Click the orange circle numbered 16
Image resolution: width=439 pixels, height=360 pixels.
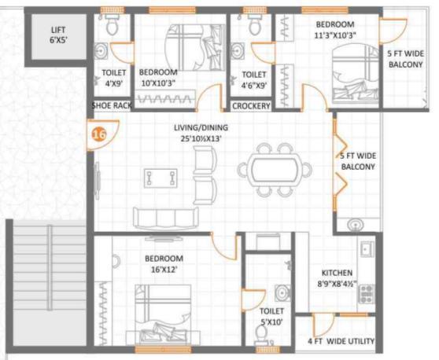tap(99, 134)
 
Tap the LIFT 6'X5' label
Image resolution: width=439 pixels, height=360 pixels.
tap(58, 35)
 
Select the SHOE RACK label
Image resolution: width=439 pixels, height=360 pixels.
tap(112, 106)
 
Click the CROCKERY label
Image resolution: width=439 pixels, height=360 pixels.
tap(251, 106)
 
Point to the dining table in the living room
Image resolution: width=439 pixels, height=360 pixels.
tap(275, 169)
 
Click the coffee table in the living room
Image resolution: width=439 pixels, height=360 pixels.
tap(160, 178)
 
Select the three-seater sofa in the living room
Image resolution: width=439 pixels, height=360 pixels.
tap(166, 219)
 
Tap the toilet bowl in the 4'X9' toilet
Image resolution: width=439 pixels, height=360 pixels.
tap(112, 25)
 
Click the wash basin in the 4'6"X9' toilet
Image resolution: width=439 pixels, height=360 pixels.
tap(238, 51)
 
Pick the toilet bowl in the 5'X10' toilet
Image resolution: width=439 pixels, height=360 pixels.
tap(261, 334)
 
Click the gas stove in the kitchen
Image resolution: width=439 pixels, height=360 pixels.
tap(367, 294)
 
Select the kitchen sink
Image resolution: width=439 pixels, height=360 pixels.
tap(367, 248)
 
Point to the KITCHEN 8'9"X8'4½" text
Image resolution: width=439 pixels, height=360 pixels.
tap(337, 278)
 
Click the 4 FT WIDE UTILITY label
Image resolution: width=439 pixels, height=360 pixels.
tap(341, 341)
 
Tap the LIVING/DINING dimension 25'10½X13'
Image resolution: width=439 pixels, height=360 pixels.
tap(201, 138)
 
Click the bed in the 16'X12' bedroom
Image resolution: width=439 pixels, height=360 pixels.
tap(163, 314)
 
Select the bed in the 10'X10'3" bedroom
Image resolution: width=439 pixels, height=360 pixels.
tap(195, 47)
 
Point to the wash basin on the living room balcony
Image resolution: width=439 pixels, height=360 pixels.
tap(356, 225)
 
